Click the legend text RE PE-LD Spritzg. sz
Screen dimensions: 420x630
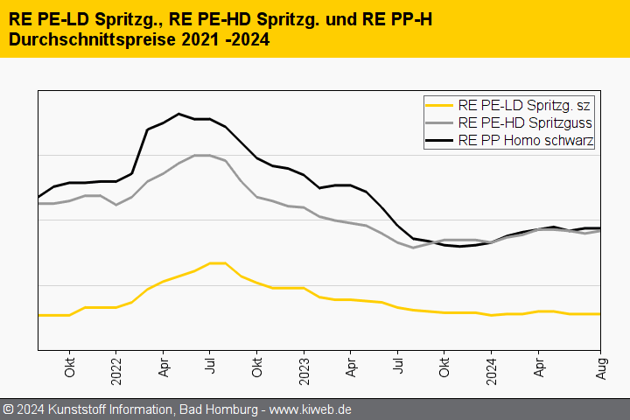pos(524,105)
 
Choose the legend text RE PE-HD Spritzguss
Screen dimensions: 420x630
pos(524,122)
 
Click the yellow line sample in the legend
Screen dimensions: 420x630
pos(439,105)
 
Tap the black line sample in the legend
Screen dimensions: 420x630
pos(439,140)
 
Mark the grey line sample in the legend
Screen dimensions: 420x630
pos(439,122)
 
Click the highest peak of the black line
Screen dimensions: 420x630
pos(179,114)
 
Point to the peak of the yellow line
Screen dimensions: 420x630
pos(218,262)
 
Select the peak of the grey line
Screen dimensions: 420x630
pos(202,155)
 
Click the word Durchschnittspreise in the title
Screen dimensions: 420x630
pos(91,40)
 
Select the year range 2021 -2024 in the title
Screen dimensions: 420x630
pos(222,40)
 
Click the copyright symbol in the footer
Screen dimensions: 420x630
pos(9,409)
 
